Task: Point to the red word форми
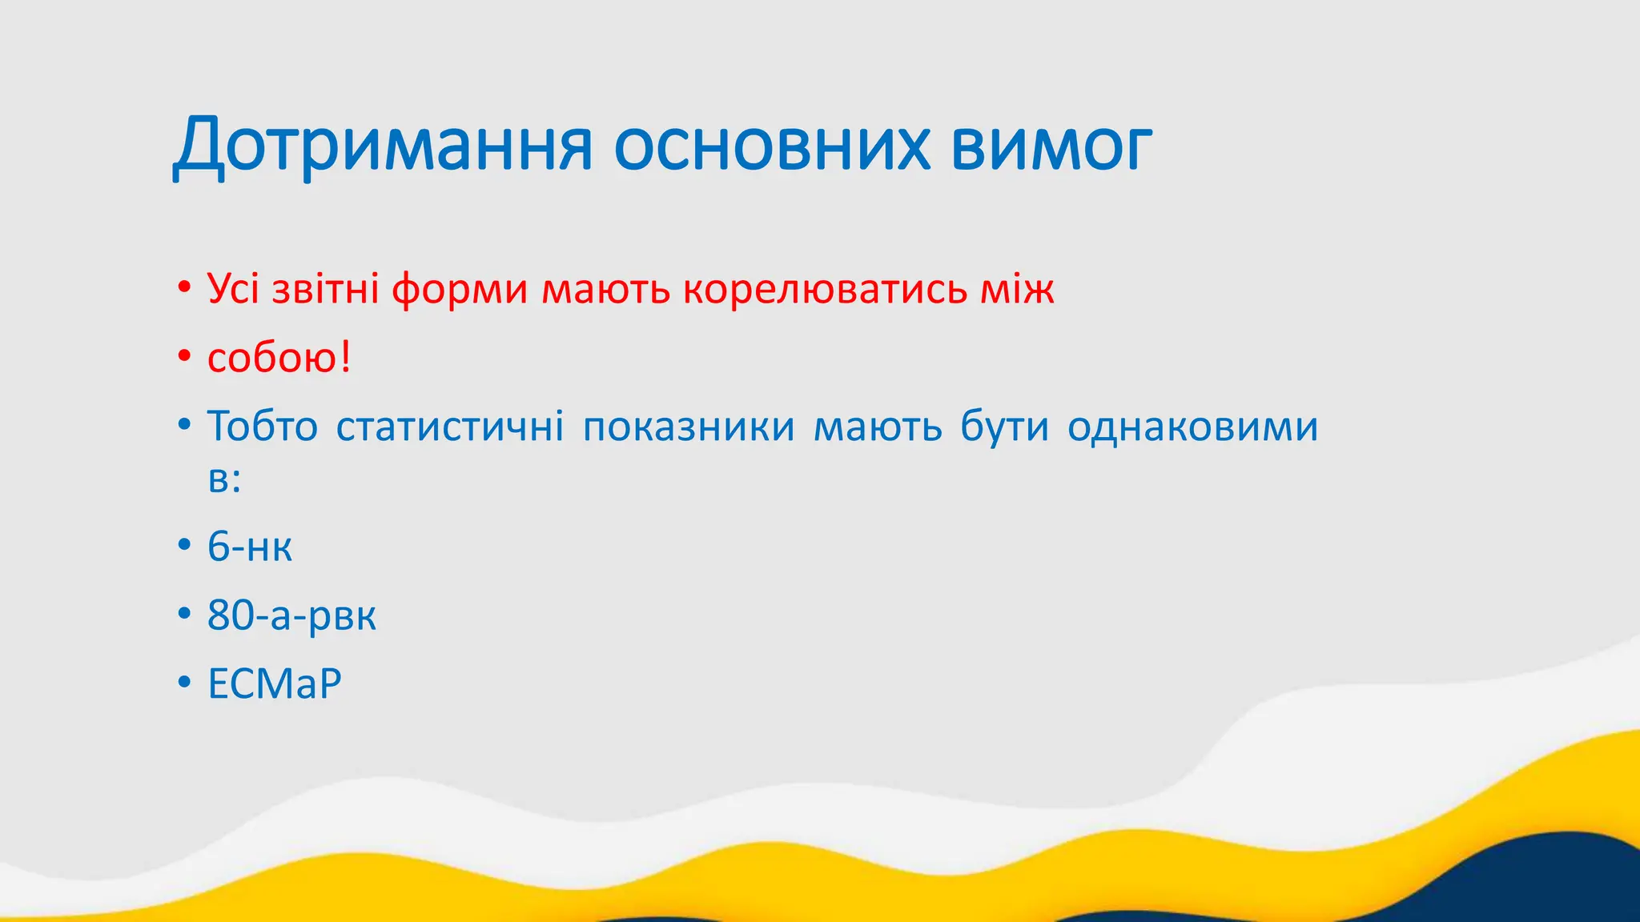(460, 290)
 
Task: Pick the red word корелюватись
(825, 289)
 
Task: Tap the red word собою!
(279, 357)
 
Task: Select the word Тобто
(263, 426)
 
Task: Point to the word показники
(689, 426)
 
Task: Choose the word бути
(1004, 426)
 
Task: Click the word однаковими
(1192, 426)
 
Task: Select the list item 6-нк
(250, 547)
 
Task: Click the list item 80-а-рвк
(291, 615)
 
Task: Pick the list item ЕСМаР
(275, 684)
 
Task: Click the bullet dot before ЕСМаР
(185, 683)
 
